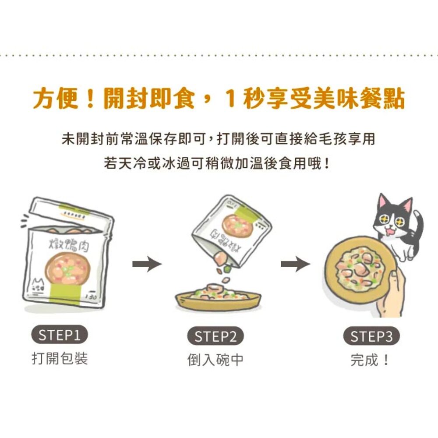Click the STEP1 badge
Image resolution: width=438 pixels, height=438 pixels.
point(59,335)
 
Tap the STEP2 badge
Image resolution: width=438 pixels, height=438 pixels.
point(215,336)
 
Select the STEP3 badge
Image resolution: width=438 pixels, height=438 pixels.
point(371,336)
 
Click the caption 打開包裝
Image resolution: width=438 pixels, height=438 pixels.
point(60,358)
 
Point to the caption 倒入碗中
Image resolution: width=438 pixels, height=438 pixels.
point(215,360)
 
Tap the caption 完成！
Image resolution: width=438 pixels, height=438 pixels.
point(369,360)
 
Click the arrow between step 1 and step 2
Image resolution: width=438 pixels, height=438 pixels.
point(147,264)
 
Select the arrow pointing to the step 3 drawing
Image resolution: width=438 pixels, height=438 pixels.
point(295,264)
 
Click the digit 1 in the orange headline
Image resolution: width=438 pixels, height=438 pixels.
point(231,98)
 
